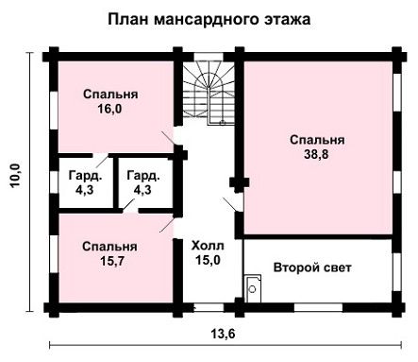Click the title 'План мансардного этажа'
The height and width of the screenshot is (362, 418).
pyautogui.click(x=209, y=19)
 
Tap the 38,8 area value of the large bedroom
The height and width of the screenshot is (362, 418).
pyautogui.click(x=316, y=154)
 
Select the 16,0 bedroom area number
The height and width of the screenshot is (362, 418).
pyautogui.click(x=109, y=109)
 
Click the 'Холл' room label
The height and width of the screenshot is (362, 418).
pyautogui.click(x=208, y=246)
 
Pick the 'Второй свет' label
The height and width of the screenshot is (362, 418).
pyautogui.click(x=312, y=267)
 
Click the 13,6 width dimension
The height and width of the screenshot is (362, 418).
pyautogui.click(x=223, y=334)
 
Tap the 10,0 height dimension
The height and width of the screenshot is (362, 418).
pyautogui.click(x=15, y=176)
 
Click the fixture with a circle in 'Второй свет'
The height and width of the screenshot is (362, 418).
pyautogui.click(x=253, y=288)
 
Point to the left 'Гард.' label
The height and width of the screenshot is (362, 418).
pyautogui.click(x=85, y=176)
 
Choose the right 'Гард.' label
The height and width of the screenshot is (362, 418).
pyautogui.click(x=143, y=176)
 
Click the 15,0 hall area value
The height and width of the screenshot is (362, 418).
pyautogui.click(x=208, y=260)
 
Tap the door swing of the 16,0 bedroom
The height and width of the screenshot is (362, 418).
pyautogui.click(x=168, y=138)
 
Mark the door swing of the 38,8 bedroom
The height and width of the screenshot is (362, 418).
pyautogui.click(x=231, y=205)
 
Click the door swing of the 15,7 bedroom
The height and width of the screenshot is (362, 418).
pyautogui.click(x=167, y=225)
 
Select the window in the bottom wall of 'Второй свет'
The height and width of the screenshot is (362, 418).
pyautogui.click(x=318, y=307)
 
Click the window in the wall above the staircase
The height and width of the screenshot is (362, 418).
pyautogui.click(x=209, y=57)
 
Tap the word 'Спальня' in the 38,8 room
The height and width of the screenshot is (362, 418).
pyautogui.click(x=317, y=140)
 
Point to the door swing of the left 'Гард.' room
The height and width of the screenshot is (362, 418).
pyautogui.click(x=102, y=162)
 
